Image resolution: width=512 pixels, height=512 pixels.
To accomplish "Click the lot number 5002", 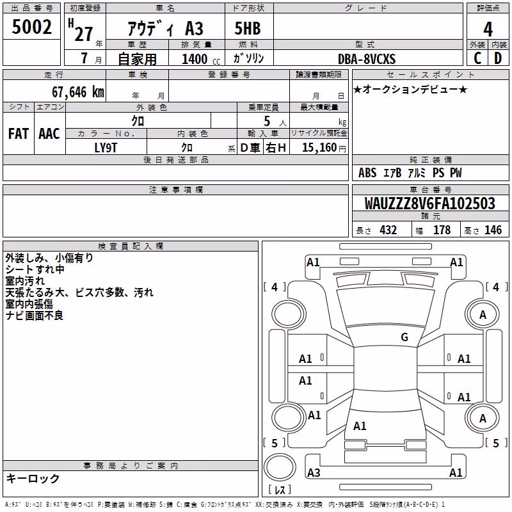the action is [x=31, y=26].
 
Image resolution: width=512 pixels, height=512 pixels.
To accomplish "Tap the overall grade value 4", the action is [x=488, y=29].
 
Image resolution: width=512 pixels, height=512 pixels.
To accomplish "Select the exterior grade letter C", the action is [x=477, y=58].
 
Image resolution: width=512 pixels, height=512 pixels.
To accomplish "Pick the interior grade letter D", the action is [x=498, y=58].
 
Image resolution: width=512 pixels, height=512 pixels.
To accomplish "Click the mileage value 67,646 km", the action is [x=78, y=92].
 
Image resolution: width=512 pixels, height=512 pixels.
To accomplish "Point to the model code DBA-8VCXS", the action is [x=367, y=59].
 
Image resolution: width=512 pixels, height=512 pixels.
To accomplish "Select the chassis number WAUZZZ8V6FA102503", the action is [x=429, y=203].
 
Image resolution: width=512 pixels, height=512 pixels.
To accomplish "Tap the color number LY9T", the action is [x=106, y=148].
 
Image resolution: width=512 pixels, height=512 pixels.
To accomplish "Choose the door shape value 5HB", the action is [x=248, y=28].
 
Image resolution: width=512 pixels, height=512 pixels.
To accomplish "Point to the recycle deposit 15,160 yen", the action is [x=324, y=148].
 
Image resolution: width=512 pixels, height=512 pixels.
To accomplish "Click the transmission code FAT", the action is [x=19, y=134].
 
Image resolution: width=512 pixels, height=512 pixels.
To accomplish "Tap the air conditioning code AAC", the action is [x=49, y=134].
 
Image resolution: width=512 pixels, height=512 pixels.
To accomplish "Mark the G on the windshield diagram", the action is [x=404, y=337].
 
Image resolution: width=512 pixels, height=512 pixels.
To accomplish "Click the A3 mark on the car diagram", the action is [x=314, y=472].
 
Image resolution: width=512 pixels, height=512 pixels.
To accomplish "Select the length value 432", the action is [x=388, y=230].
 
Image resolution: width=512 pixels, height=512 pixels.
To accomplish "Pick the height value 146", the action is [x=493, y=230].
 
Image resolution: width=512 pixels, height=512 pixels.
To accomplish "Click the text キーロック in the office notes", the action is [x=33, y=478].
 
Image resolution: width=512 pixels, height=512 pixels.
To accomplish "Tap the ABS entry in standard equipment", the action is [x=367, y=172].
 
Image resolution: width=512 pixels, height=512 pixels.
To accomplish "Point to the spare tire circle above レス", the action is [x=280, y=467].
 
